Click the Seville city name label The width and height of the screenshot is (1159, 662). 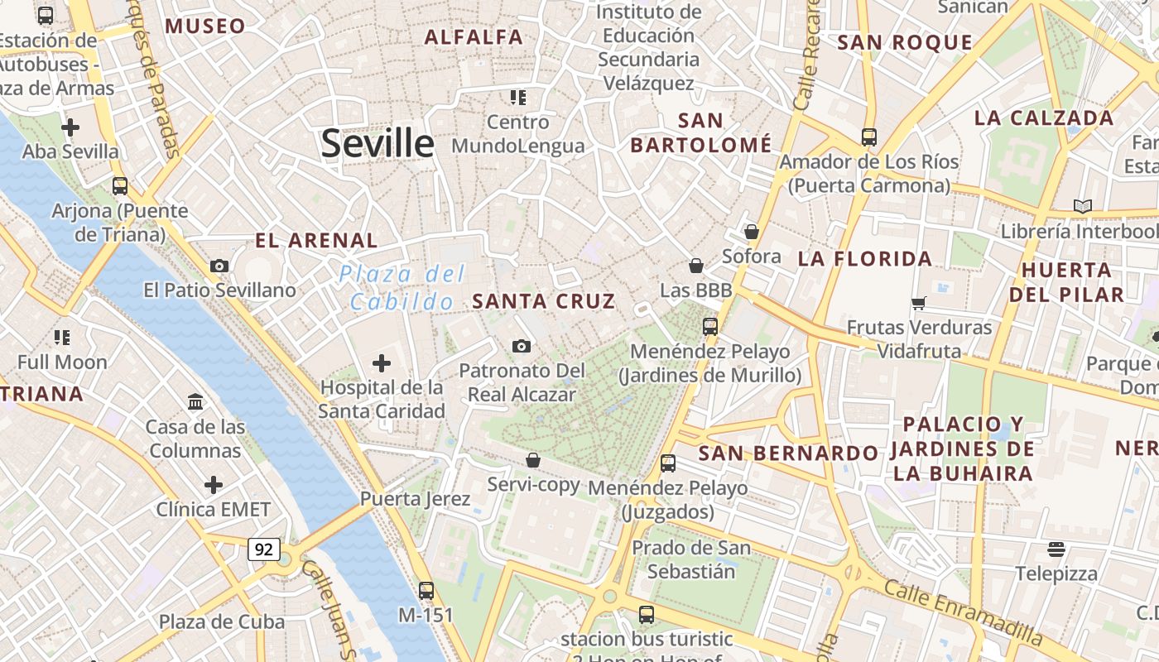click(x=378, y=143)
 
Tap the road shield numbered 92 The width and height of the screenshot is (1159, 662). click(x=264, y=549)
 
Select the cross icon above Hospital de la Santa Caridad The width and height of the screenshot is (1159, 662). click(x=382, y=363)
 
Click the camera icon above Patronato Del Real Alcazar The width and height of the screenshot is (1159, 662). click(x=521, y=346)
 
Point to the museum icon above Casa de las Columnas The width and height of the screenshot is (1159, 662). click(x=196, y=402)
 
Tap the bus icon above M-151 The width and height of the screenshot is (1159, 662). click(x=426, y=591)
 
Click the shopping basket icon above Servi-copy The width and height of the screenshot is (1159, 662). click(x=533, y=460)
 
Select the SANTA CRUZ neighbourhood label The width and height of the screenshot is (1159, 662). click(x=544, y=301)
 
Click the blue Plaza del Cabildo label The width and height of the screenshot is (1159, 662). click(x=402, y=288)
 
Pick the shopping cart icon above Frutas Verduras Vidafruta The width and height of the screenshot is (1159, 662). click(x=918, y=303)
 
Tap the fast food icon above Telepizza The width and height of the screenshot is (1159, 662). click(x=1056, y=549)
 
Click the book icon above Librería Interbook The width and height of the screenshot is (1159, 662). click(x=1082, y=207)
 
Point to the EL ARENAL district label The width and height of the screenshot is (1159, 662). click(x=316, y=241)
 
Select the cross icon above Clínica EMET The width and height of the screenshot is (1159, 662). click(x=214, y=485)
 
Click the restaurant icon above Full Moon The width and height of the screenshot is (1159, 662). click(x=62, y=338)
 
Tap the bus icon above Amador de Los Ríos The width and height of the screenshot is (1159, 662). click(x=868, y=137)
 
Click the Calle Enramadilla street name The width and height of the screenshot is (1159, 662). click(x=963, y=613)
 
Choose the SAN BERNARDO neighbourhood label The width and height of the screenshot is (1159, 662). click(x=788, y=453)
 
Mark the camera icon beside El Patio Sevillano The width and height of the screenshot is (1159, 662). click(x=219, y=266)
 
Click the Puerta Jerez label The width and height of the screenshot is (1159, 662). click(x=415, y=499)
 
